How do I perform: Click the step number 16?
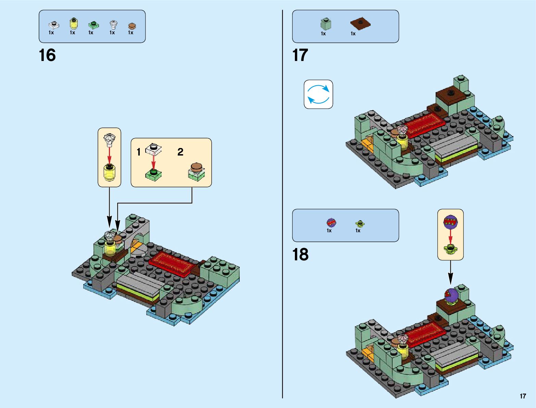[x=47, y=55]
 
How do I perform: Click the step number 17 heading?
[x=300, y=55]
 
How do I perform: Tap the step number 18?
[x=300, y=255]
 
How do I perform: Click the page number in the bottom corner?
[x=523, y=396]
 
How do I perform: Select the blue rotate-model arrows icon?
[x=318, y=94]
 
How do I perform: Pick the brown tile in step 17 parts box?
[x=360, y=24]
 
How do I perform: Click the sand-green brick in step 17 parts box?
[x=326, y=24]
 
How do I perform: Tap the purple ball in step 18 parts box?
[x=331, y=223]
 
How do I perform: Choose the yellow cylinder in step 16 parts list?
[x=73, y=24]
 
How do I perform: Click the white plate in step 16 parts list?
[x=54, y=25]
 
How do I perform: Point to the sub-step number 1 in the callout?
[x=139, y=152]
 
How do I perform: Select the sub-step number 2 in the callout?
[x=180, y=152]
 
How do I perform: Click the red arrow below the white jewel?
[x=109, y=155]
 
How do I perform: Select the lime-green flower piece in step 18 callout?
[x=450, y=248]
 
